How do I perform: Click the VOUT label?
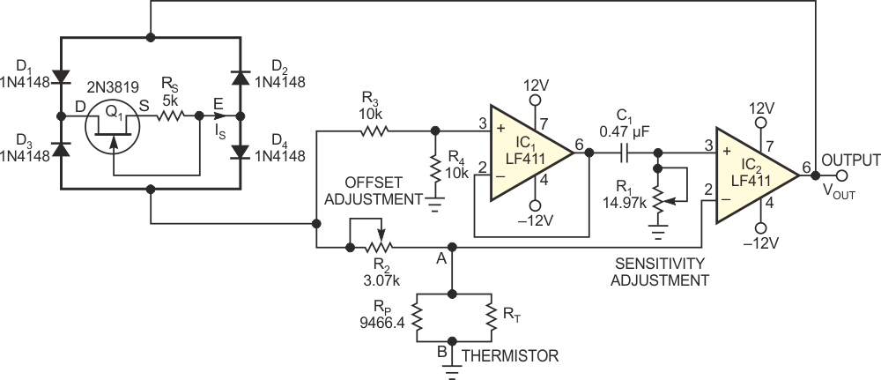pos(840,190)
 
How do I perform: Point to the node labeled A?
pos(451,250)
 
